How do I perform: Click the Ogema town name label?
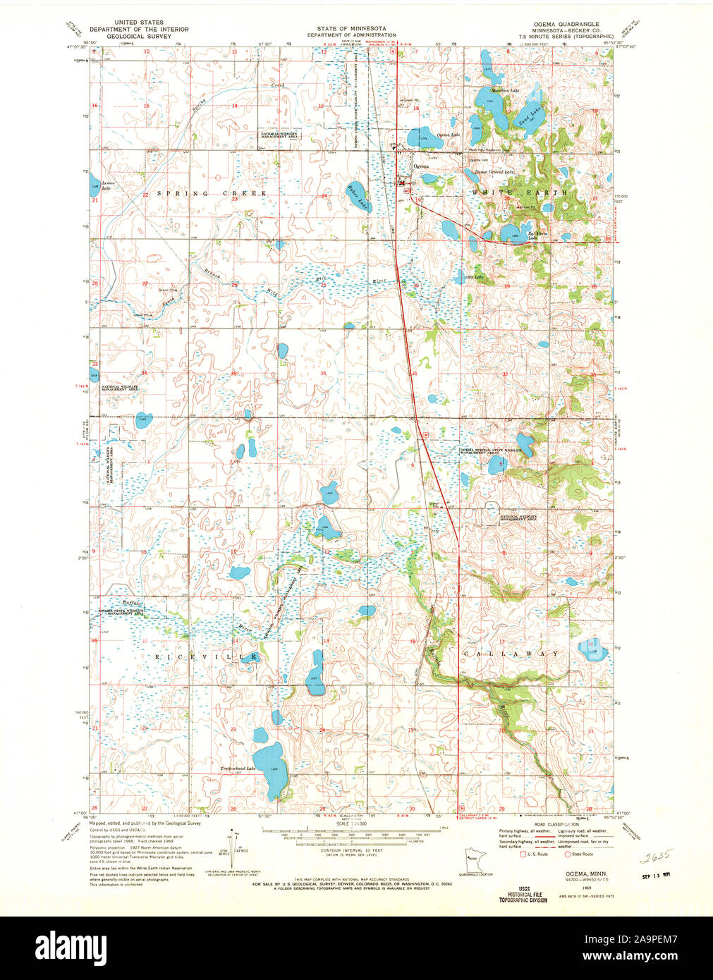click(420, 166)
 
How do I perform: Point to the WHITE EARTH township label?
click(519, 192)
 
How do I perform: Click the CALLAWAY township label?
click(512, 654)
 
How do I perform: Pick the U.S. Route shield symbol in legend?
click(523, 855)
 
